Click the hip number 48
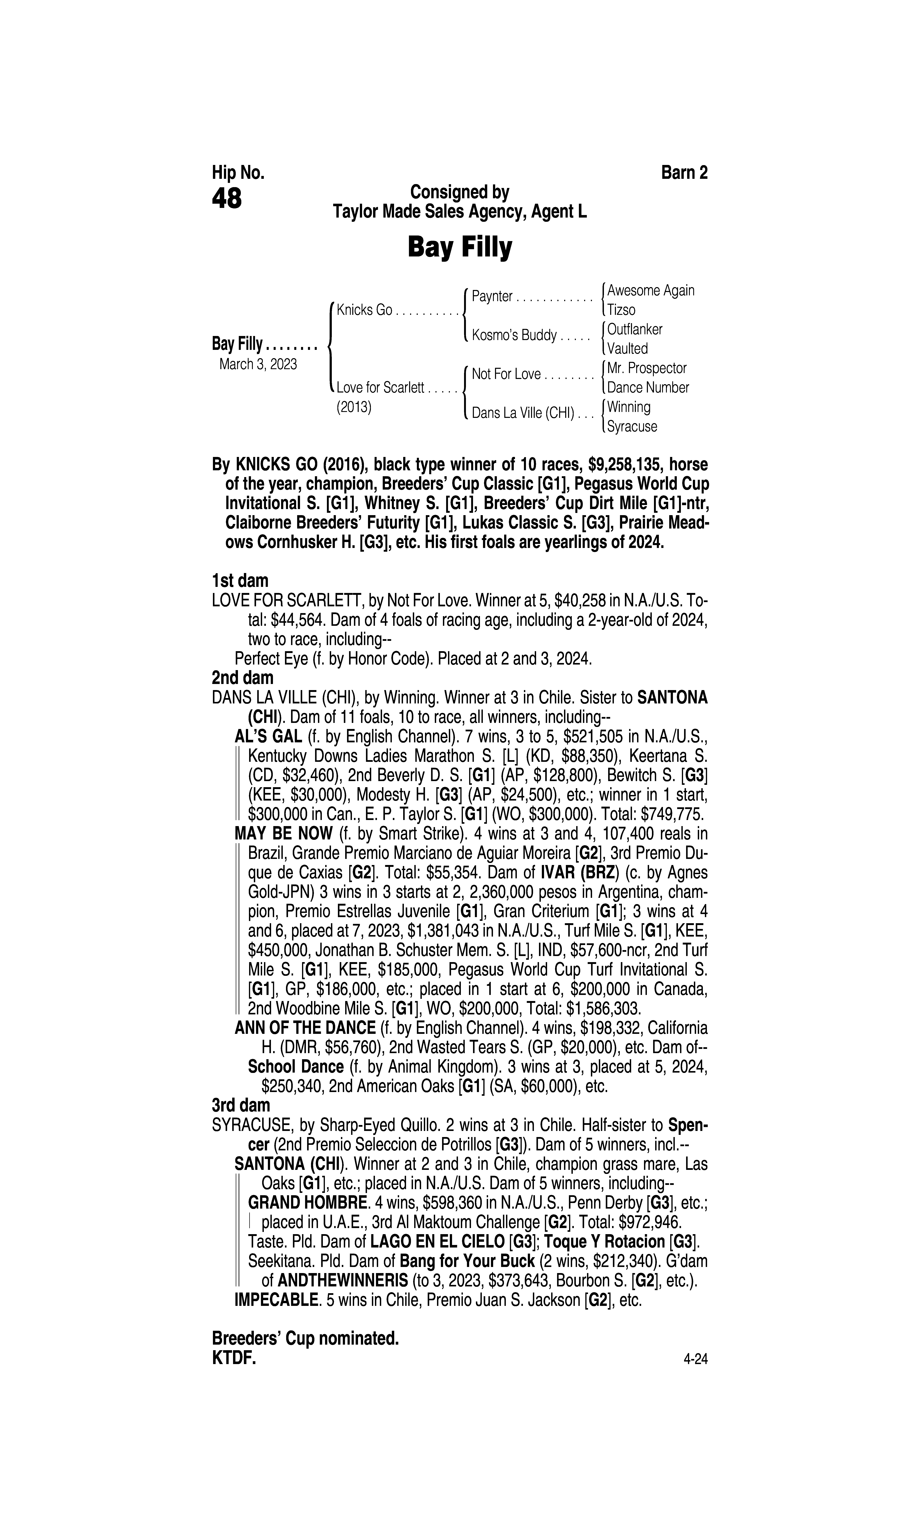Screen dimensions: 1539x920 (x=227, y=199)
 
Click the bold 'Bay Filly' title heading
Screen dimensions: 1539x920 (x=459, y=247)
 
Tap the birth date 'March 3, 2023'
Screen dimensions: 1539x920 (x=258, y=364)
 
